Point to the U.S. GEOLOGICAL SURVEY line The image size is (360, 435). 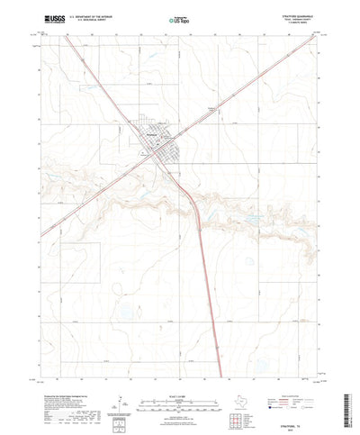coord(90,20)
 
